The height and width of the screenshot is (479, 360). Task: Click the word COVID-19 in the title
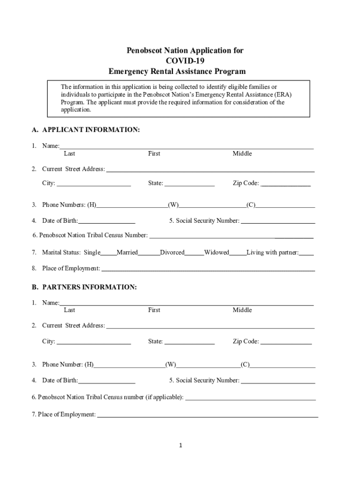(185, 61)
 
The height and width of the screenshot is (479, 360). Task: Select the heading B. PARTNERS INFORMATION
(84, 287)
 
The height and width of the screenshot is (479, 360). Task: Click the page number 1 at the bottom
(180, 445)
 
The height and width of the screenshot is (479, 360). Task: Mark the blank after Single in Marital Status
(108, 253)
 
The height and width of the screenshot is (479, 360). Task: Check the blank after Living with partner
(306, 253)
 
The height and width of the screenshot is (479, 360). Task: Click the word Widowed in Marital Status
(216, 253)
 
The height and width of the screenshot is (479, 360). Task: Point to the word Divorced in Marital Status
(172, 253)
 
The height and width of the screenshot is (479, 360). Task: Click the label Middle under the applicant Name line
(242, 153)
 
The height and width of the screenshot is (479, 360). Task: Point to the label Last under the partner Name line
(69, 310)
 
